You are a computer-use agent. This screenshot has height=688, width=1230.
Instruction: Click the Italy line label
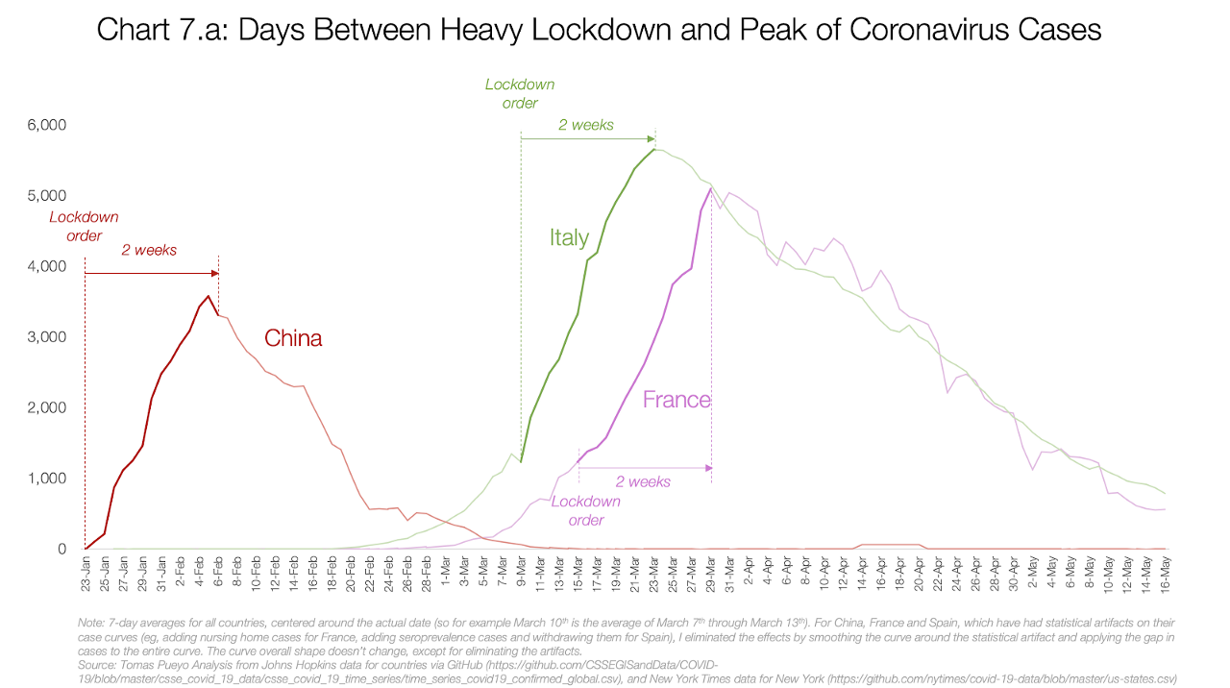click(569, 237)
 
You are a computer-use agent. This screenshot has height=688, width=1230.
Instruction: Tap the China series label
click(293, 338)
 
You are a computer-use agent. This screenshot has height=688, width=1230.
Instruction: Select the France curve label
click(676, 400)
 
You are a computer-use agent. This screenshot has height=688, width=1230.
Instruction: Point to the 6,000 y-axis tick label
click(44, 125)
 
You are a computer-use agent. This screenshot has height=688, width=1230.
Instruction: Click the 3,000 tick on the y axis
click(44, 337)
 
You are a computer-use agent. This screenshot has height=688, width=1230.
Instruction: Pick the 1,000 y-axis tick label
click(44, 479)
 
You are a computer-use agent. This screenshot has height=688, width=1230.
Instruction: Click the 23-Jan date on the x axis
click(86, 572)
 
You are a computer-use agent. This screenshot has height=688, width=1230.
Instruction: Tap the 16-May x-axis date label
click(1165, 572)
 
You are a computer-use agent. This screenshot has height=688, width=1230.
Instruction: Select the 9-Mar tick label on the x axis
click(521, 573)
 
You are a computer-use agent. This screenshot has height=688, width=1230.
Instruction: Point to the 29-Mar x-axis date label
click(711, 572)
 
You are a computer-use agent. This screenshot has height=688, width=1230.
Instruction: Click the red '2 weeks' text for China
click(149, 250)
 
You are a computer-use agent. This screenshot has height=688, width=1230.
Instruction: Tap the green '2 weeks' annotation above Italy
click(586, 125)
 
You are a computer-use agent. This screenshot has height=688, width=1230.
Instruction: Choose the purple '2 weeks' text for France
click(643, 481)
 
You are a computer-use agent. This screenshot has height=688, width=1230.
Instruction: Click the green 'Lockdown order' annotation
click(520, 93)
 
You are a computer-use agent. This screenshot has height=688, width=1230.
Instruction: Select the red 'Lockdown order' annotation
click(85, 227)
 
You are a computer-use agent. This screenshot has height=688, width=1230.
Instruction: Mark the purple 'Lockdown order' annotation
click(585, 510)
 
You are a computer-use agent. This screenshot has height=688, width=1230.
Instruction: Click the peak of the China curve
click(209, 296)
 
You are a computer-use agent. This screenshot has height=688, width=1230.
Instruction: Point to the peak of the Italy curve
click(653, 149)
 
